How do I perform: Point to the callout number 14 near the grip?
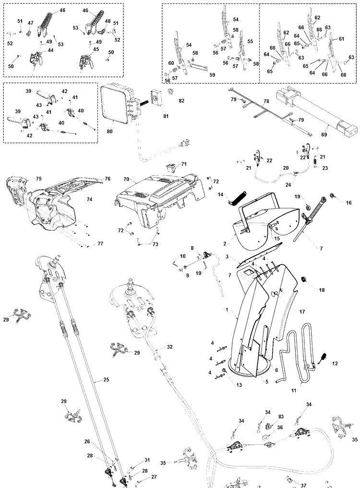pos(221,195)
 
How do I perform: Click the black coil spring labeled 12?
pos(324,357)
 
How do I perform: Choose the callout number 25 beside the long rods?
pos(106,380)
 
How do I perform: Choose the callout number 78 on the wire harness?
pos(266,102)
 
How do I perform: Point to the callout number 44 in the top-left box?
pos(50,50)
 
